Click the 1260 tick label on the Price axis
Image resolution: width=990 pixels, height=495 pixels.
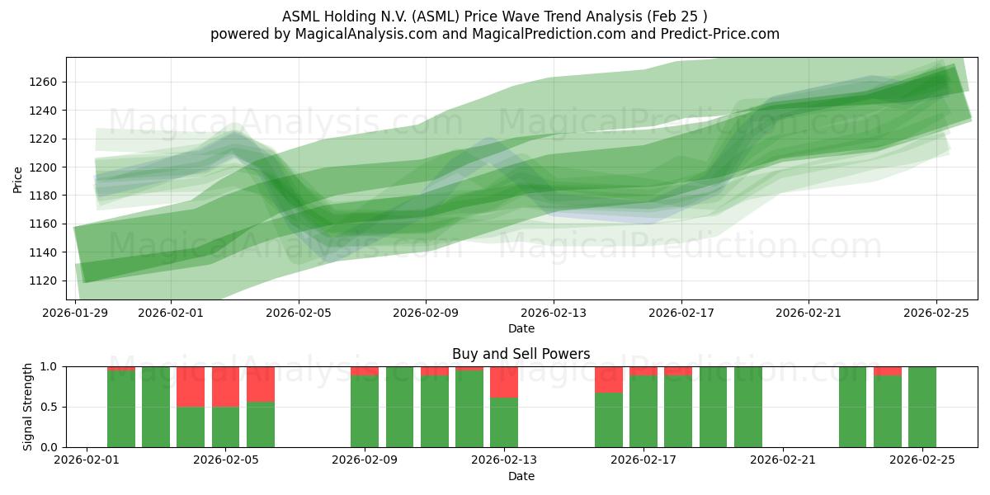[42, 82]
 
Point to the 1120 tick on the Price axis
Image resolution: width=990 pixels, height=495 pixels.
[42, 280]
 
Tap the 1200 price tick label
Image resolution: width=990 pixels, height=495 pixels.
[42, 167]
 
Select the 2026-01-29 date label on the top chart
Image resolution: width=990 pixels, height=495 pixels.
[76, 313]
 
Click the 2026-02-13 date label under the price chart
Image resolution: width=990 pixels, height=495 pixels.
[554, 313]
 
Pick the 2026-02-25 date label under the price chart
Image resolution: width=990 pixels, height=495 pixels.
[936, 313]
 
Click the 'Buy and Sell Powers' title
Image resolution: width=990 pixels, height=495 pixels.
[521, 354]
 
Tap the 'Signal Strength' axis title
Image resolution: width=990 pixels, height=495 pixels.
[27, 407]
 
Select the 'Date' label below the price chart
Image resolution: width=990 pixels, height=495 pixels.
[521, 328]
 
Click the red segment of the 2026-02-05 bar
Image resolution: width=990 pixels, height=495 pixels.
[225, 386]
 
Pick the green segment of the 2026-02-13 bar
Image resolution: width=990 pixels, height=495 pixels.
[504, 422]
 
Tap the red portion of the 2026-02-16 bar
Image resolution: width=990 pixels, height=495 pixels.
[609, 379]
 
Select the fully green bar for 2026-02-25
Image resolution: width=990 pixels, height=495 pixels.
[922, 407]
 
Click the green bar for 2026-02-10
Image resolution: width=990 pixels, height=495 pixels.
[399, 407]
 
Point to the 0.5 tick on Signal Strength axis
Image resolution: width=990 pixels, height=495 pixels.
[50, 407]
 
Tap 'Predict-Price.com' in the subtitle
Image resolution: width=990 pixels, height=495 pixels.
[715, 34]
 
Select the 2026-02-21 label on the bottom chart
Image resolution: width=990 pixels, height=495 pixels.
[781, 460]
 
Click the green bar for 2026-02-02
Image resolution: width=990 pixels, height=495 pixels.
[121, 409]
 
